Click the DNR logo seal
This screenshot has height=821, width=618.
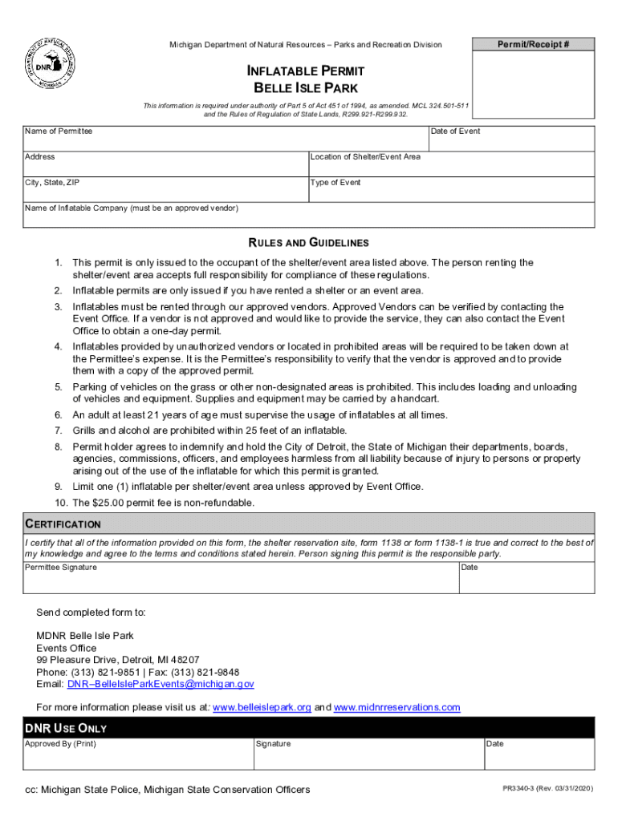[49, 65]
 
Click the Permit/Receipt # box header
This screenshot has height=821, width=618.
[534, 45]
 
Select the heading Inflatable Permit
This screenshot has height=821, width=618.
[305, 71]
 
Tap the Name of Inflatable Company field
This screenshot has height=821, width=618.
[309, 216]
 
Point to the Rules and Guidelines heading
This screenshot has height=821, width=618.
[308, 243]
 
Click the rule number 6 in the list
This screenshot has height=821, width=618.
[59, 415]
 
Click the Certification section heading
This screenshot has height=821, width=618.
[63, 524]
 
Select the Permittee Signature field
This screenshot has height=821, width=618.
[241, 578]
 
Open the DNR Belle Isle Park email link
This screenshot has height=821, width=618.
[161, 685]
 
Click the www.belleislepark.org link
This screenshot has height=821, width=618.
[262, 707]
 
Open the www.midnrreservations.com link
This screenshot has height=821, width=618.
[396, 707]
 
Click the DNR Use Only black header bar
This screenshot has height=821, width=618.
[309, 728]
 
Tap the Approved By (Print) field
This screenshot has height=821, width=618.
[136, 754]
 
